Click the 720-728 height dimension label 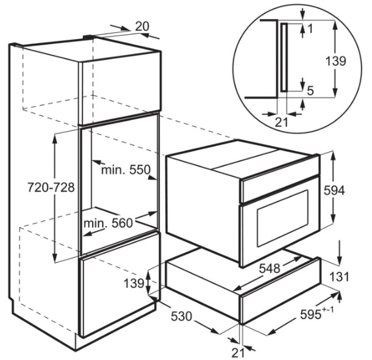point(51,187)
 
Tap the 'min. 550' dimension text point(126,170)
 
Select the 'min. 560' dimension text point(108,223)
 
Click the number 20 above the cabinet point(142,26)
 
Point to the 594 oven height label point(334,190)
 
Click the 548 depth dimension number point(270,268)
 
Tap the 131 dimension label point(340,276)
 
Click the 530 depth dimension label point(181,316)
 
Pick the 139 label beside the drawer point(134,283)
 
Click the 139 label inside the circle point(335,61)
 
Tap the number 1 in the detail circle point(310,29)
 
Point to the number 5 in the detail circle point(310,91)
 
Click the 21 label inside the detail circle point(281,123)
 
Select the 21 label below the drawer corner point(238,353)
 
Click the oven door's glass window point(283,218)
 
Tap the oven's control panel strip point(280,189)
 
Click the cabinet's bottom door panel point(120,284)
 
